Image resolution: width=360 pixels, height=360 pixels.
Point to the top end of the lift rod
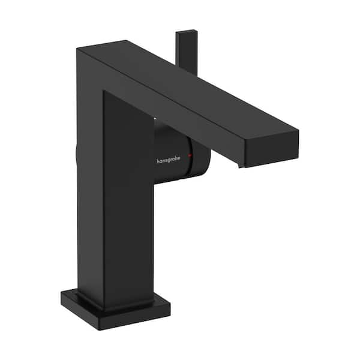tap(186, 32)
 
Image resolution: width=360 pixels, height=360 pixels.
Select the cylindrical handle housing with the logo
tap(180, 157)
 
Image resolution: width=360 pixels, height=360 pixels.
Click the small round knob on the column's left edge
tap(77, 155)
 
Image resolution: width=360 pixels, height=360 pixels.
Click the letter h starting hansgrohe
tap(158, 161)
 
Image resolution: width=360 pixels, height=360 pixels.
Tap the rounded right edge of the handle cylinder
tap(208, 157)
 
